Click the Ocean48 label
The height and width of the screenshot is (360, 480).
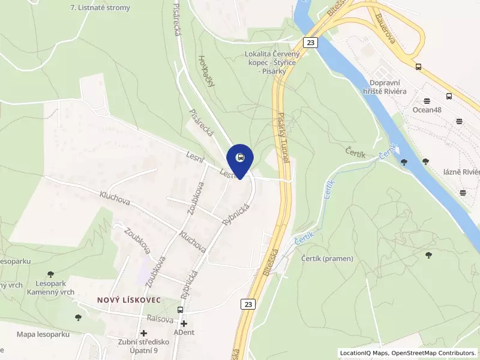pyautogui.click(x=427, y=109)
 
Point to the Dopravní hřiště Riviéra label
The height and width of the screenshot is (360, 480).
pyautogui.click(x=388, y=86)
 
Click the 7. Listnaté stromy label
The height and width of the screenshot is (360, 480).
pyautogui.click(x=100, y=8)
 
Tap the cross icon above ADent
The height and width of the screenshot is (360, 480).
pyautogui.click(x=184, y=323)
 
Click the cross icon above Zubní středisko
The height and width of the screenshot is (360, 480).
pyautogui.click(x=143, y=333)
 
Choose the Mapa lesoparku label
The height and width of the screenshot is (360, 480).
pyautogui.click(x=43, y=334)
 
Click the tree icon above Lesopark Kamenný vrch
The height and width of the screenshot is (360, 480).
pyautogui.click(x=50, y=274)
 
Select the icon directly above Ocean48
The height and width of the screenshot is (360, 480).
pyautogui.click(x=427, y=100)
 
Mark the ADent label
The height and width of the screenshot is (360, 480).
pyautogui.click(x=184, y=332)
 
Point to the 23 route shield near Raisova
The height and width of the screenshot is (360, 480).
pyautogui.click(x=248, y=304)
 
